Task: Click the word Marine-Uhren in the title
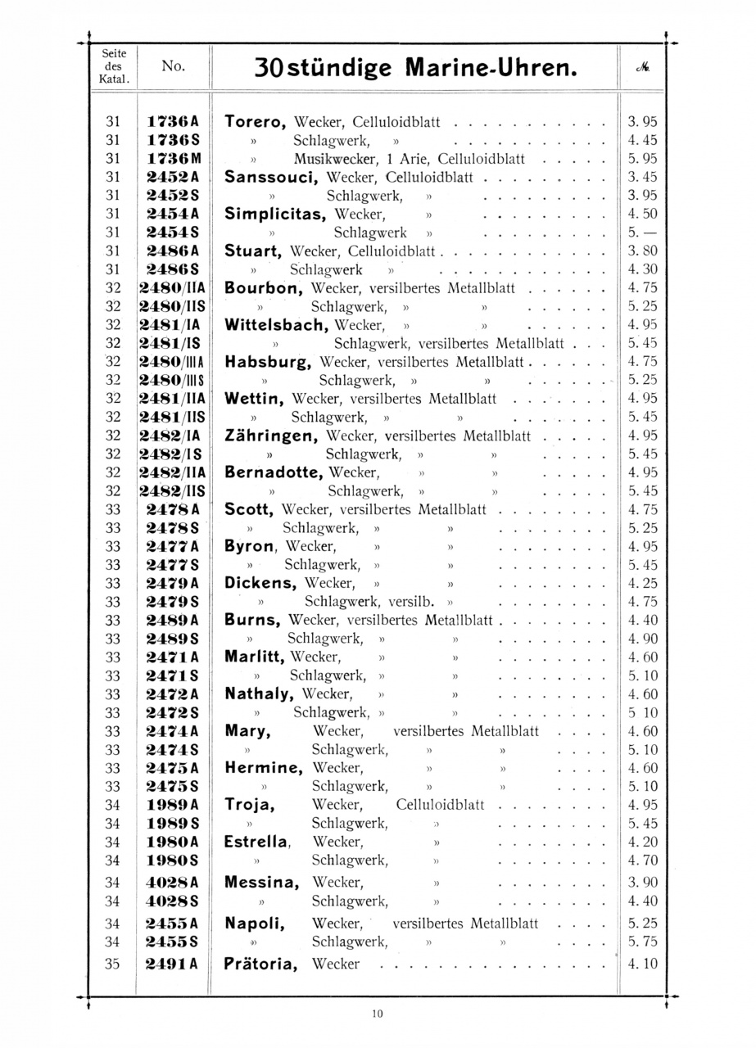[492, 68]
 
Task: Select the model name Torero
[255, 122]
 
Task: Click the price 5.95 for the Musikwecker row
[642, 159]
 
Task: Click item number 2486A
[172, 251]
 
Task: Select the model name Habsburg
[268, 361]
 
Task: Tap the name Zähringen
[271, 435]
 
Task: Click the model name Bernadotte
[274, 472]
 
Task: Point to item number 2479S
[172, 602]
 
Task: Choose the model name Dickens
[260, 584]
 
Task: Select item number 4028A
[172, 883]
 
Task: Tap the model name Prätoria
[260, 964]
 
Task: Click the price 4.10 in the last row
[642, 964]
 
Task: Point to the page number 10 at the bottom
[377, 1014]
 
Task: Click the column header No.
[172, 67]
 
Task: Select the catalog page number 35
[113, 964]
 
